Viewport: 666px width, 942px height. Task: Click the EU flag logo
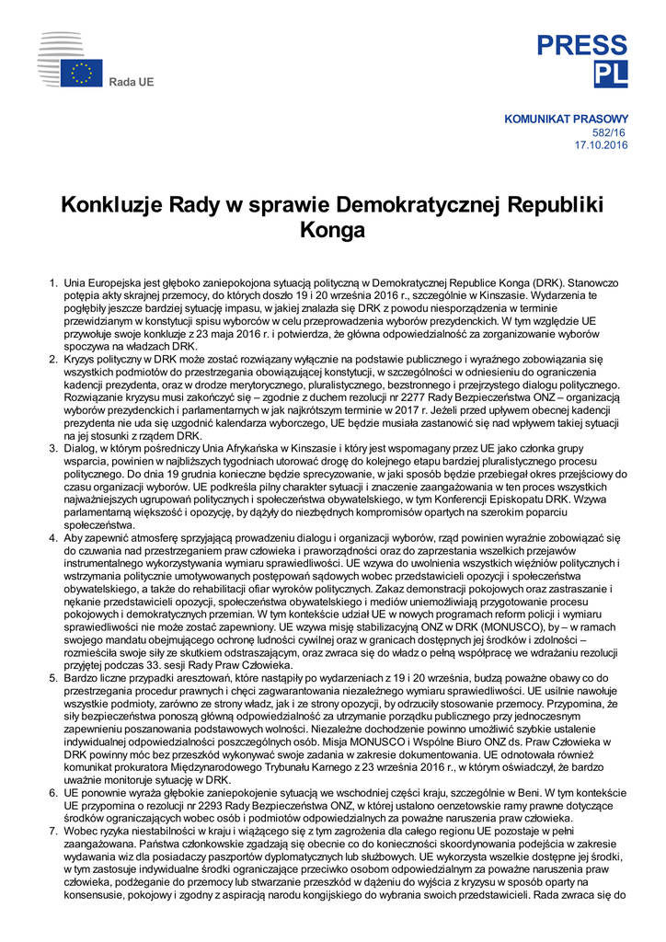click(82, 74)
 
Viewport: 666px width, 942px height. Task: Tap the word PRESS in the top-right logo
click(582, 45)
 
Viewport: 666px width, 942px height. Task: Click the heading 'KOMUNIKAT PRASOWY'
click(567, 119)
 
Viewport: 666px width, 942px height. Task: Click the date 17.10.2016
click(602, 145)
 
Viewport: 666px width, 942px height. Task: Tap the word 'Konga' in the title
click(333, 230)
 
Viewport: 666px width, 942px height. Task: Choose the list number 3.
click(52, 449)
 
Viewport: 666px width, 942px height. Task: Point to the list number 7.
click(52, 833)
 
